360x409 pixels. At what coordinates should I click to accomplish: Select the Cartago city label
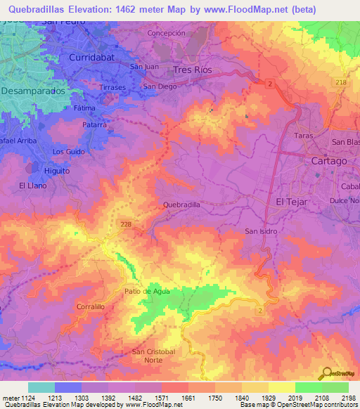point(328,161)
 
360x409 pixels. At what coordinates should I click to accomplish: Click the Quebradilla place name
point(182,204)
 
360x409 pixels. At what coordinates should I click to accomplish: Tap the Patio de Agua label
point(148,291)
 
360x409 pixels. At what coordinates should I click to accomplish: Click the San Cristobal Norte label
point(148,356)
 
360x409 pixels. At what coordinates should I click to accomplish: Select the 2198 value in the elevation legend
point(348,398)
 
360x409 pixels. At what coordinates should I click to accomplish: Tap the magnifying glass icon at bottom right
point(326,374)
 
